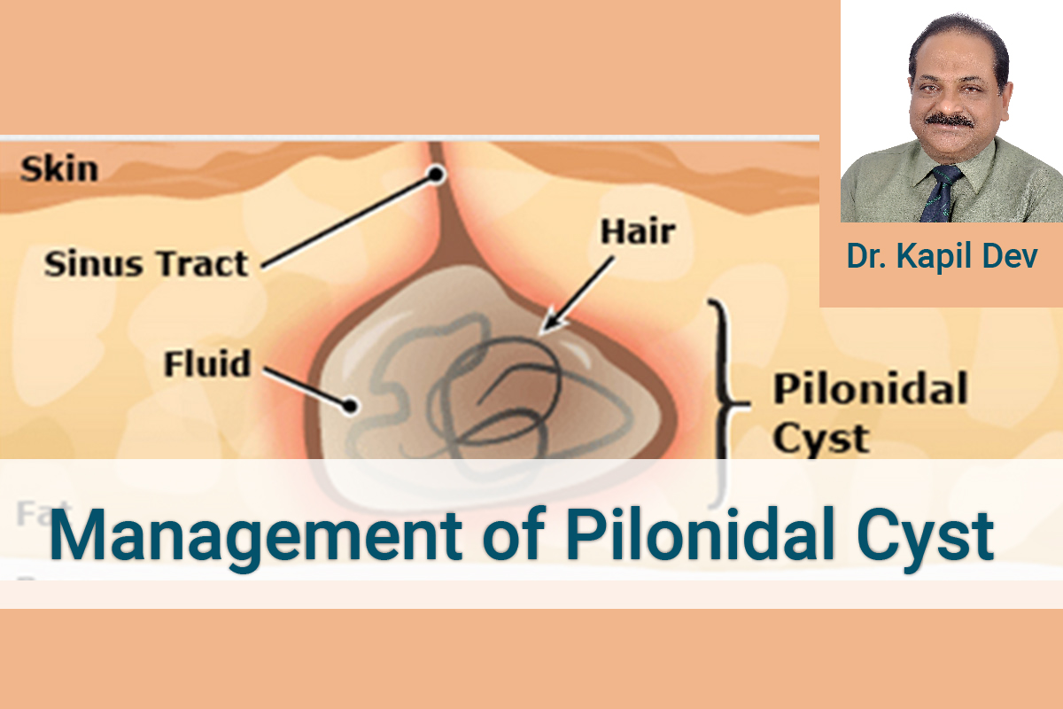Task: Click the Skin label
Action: point(59,168)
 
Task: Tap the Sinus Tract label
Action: point(146,263)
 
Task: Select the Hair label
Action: point(638,232)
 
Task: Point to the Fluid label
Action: point(208,363)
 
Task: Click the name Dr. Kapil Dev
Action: point(942,256)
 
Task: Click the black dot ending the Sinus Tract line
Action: point(436,175)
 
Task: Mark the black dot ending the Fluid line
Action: point(351,406)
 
